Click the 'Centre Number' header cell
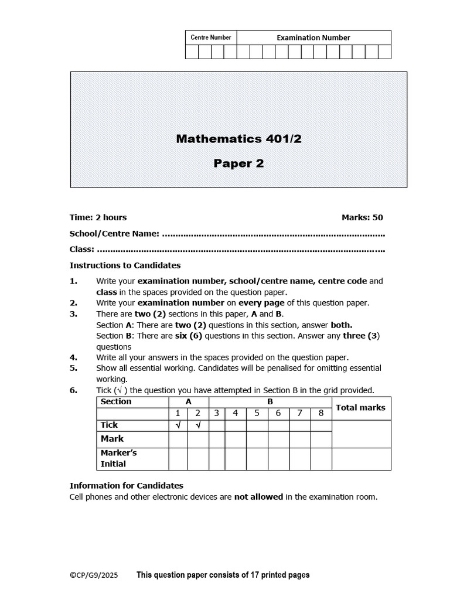click(x=211, y=37)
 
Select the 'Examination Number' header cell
click(x=313, y=37)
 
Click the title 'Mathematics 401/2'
click(x=239, y=139)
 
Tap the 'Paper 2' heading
click(x=238, y=163)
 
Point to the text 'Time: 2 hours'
click(x=98, y=217)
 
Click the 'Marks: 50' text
click(x=362, y=217)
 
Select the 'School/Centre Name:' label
click(x=114, y=234)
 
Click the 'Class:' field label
click(x=82, y=250)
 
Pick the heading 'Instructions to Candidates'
click(x=125, y=265)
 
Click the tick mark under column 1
click(x=178, y=425)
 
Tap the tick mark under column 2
click(x=198, y=425)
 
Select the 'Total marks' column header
click(x=360, y=407)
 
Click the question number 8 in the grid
click(x=321, y=413)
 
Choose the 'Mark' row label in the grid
click(x=112, y=438)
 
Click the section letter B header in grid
click(x=270, y=402)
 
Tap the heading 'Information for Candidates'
click(x=126, y=486)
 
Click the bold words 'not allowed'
click(x=258, y=497)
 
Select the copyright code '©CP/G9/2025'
click(x=94, y=575)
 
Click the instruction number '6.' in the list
click(x=74, y=390)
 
